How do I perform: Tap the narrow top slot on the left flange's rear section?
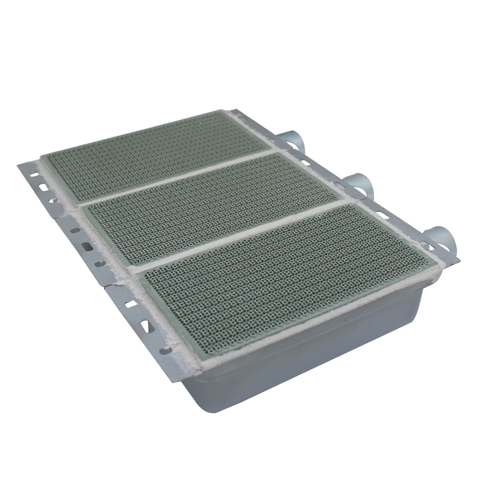pyautogui.click(x=32, y=174)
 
